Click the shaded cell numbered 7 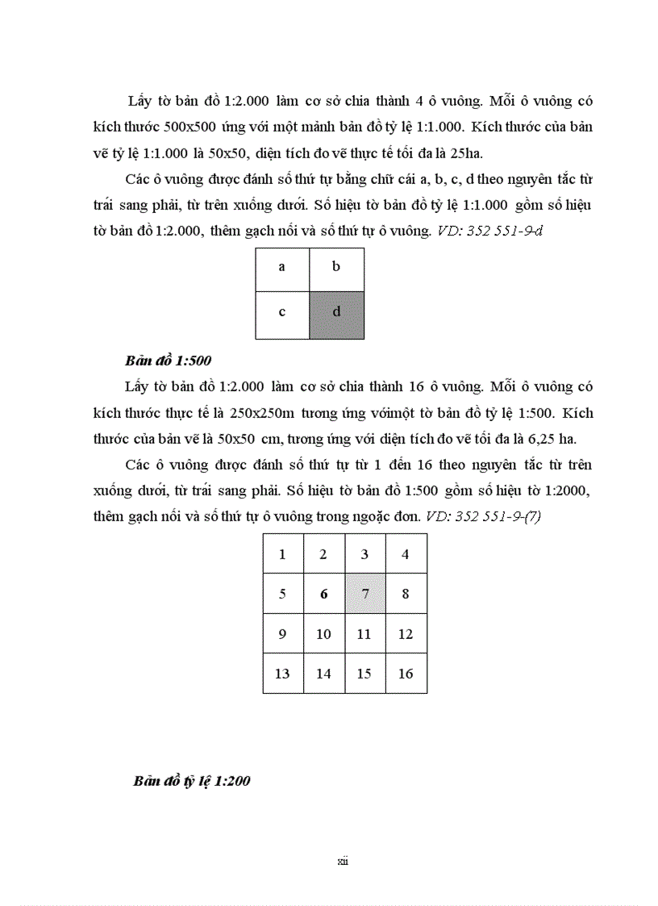click(x=364, y=594)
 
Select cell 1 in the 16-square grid click(x=282, y=554)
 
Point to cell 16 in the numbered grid click(x=406, y=673)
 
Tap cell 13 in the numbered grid click(x=282, y=673)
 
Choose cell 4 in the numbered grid click(x=406, y=554)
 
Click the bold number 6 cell click(x=323, y=594)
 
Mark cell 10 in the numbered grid click(x=323, y=633)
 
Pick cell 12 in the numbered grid click(x=406, y=633)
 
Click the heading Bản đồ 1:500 click(x=169, y=360)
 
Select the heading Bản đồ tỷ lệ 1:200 click(x=192, y=782)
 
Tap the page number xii click(x=342, y=862)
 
